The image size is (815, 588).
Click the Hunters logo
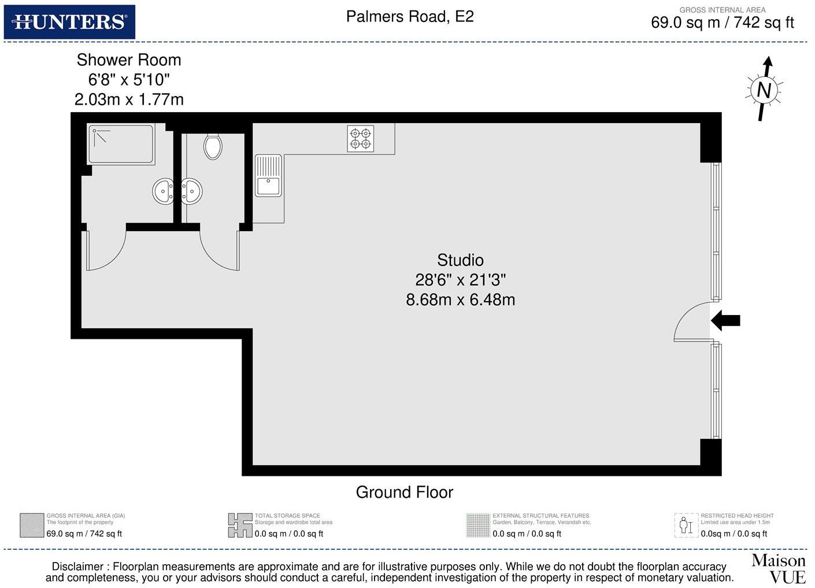69,22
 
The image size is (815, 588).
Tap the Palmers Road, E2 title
409,17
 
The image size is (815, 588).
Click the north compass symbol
764,90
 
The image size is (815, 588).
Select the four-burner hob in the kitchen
360,139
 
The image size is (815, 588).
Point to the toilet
213,146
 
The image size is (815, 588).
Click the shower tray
121,145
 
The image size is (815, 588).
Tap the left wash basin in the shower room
164,191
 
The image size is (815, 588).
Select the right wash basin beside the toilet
191,191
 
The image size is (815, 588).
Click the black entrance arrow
725,320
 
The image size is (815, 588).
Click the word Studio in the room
460,260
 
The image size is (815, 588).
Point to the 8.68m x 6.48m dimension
460,299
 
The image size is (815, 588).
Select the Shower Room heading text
129,60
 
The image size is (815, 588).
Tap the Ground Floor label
404,492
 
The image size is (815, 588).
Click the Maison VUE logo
779,568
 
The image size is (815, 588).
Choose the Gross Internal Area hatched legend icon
32,525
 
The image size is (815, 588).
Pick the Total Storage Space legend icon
240,525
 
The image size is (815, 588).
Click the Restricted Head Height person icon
686,525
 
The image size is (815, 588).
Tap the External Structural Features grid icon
478,525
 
